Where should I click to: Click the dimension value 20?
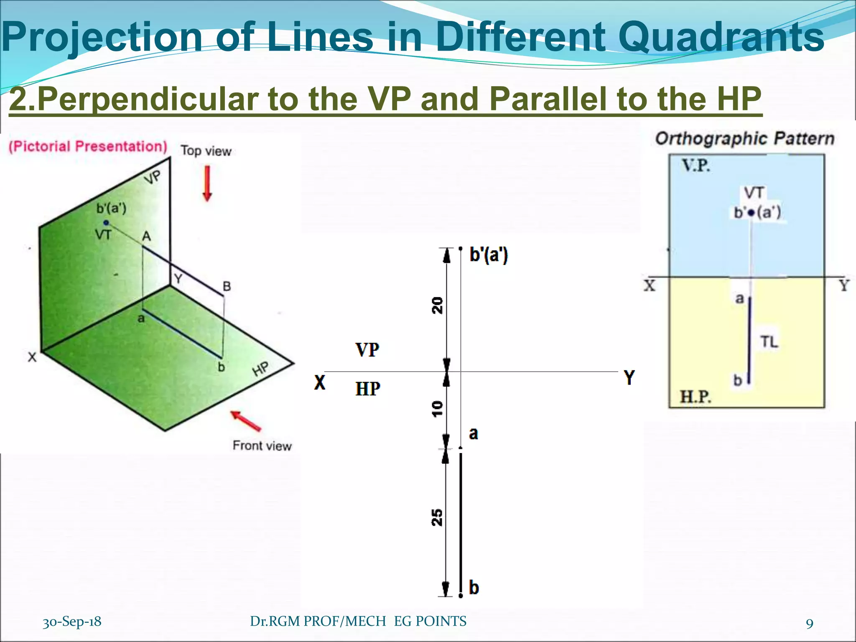(x=437, y=305)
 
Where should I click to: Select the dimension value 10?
(x=437, y=408)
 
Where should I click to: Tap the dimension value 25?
(x=437, y=517)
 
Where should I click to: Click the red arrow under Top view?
(x=207, y=183)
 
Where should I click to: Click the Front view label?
(x=262, y=446)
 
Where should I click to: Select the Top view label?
(x=206, y=151)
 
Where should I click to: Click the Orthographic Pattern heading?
(x=744, y=138)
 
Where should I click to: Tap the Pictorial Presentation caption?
(x=88, y=146)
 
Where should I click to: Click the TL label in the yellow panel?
(x=769, y=342)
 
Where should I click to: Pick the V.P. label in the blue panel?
(x=696, y=166)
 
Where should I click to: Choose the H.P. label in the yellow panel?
(x=695, y=396)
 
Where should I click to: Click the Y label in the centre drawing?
(x=629, y=377)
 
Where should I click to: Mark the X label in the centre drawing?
(x=320, y=382)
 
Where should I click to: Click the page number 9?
(x=810, y=624)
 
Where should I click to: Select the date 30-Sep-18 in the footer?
(x=72, y=622)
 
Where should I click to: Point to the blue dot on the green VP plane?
(x=106, y=223)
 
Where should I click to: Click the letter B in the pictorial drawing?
(x=227, y=286)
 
